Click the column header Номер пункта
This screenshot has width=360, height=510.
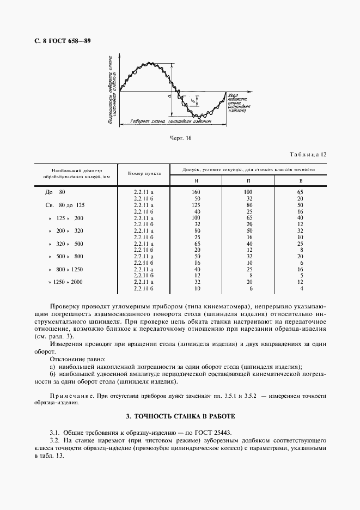click(x=144, y=173)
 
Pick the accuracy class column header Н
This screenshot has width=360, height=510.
click(x=197, y=180)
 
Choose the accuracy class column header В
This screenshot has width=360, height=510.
click(x=300, y=180)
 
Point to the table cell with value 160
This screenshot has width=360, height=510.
click(x=197, y=192)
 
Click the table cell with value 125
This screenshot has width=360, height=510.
click(x=197, y=205)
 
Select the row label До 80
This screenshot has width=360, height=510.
click(x=54, y=192)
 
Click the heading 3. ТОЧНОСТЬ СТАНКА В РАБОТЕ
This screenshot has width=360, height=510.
click(x=180, y=416)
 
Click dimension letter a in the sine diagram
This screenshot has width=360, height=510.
click(x=169, y=95)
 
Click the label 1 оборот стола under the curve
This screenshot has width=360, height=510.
click(x=172, y=123)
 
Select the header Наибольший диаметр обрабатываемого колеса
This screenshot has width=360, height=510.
click(x=76, y=173)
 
